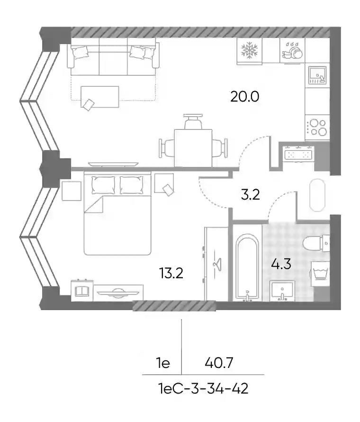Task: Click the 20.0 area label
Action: pos(245,96)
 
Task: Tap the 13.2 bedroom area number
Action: pos(171,273)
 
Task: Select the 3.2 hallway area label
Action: pos(250,194)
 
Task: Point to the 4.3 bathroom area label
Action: pos(281,264)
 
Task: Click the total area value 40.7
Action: pos(219,363)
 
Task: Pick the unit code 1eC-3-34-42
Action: pos(204,389)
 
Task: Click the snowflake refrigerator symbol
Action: pos(250,50)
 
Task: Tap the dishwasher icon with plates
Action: pos(292,50)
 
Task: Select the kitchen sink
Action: pos(317,75)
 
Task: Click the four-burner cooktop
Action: pos(317,127)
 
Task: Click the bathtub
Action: pos(247,266)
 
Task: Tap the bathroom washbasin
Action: pos(282,291)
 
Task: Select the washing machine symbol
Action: pos(320,274)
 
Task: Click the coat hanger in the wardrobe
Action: pos(216,262)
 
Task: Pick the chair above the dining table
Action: pos(193,121)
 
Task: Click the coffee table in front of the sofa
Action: pos(100,97)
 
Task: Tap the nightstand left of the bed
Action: pos(72,191)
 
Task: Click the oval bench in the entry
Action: pos(317,195)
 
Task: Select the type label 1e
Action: pos(163,363)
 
